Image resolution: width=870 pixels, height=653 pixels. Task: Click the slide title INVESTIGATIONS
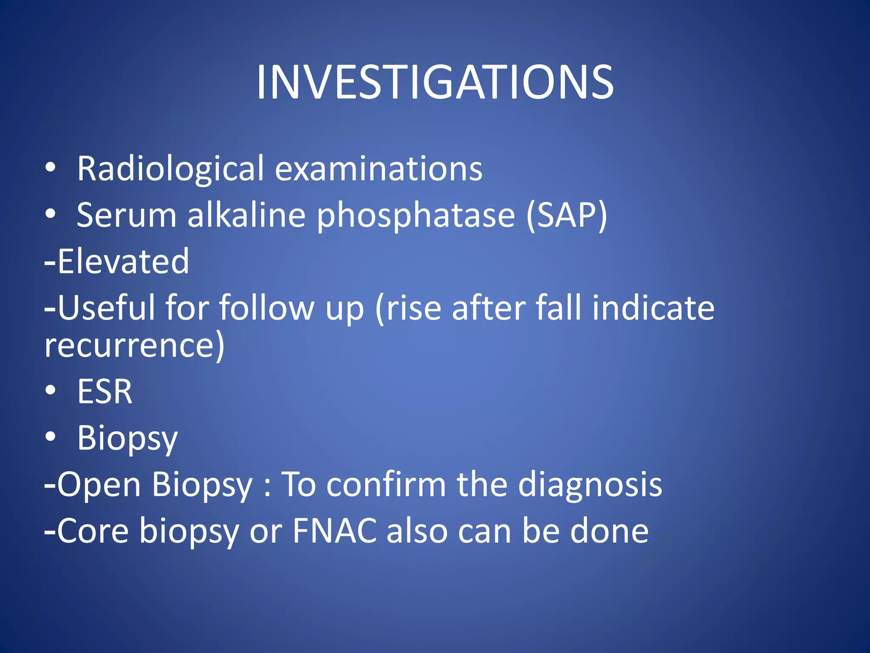coord(435,82)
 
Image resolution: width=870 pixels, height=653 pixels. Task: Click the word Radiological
coord(171,169)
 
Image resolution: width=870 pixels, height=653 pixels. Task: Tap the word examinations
coord(379,169)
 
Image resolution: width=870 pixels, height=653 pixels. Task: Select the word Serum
coord(126,215)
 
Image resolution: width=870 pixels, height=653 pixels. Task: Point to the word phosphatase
coord(416,216)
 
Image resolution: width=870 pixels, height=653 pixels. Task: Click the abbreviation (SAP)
coord(567,216)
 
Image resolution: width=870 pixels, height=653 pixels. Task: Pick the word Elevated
coord(123,261)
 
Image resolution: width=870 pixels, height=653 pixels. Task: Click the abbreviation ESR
coord(105,392)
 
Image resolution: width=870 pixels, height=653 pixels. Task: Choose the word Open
coord(99,485)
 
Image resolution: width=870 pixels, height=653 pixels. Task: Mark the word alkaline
coord(246,215)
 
